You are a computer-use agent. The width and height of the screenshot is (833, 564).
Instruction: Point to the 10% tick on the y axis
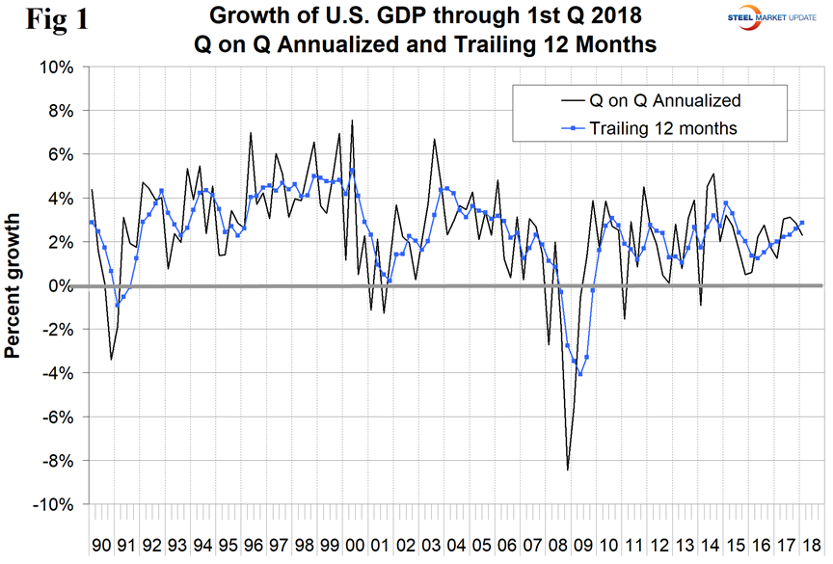pyautogui.click(x=59, y=67)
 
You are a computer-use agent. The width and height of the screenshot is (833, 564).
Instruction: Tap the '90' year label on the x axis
pyautogui.click(x=101, y=544)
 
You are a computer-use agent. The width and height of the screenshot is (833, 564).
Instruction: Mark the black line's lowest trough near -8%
pyautogui.click(x=568, y=470)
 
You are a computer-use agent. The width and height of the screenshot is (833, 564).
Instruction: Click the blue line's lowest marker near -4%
pyautogui.click(x=579, y=374)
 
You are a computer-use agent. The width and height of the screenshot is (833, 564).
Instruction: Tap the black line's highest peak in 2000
pyautogui.click(x=352, y=121)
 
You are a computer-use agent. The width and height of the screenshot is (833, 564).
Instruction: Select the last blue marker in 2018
pyautogui.click(x=802, y=223)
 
